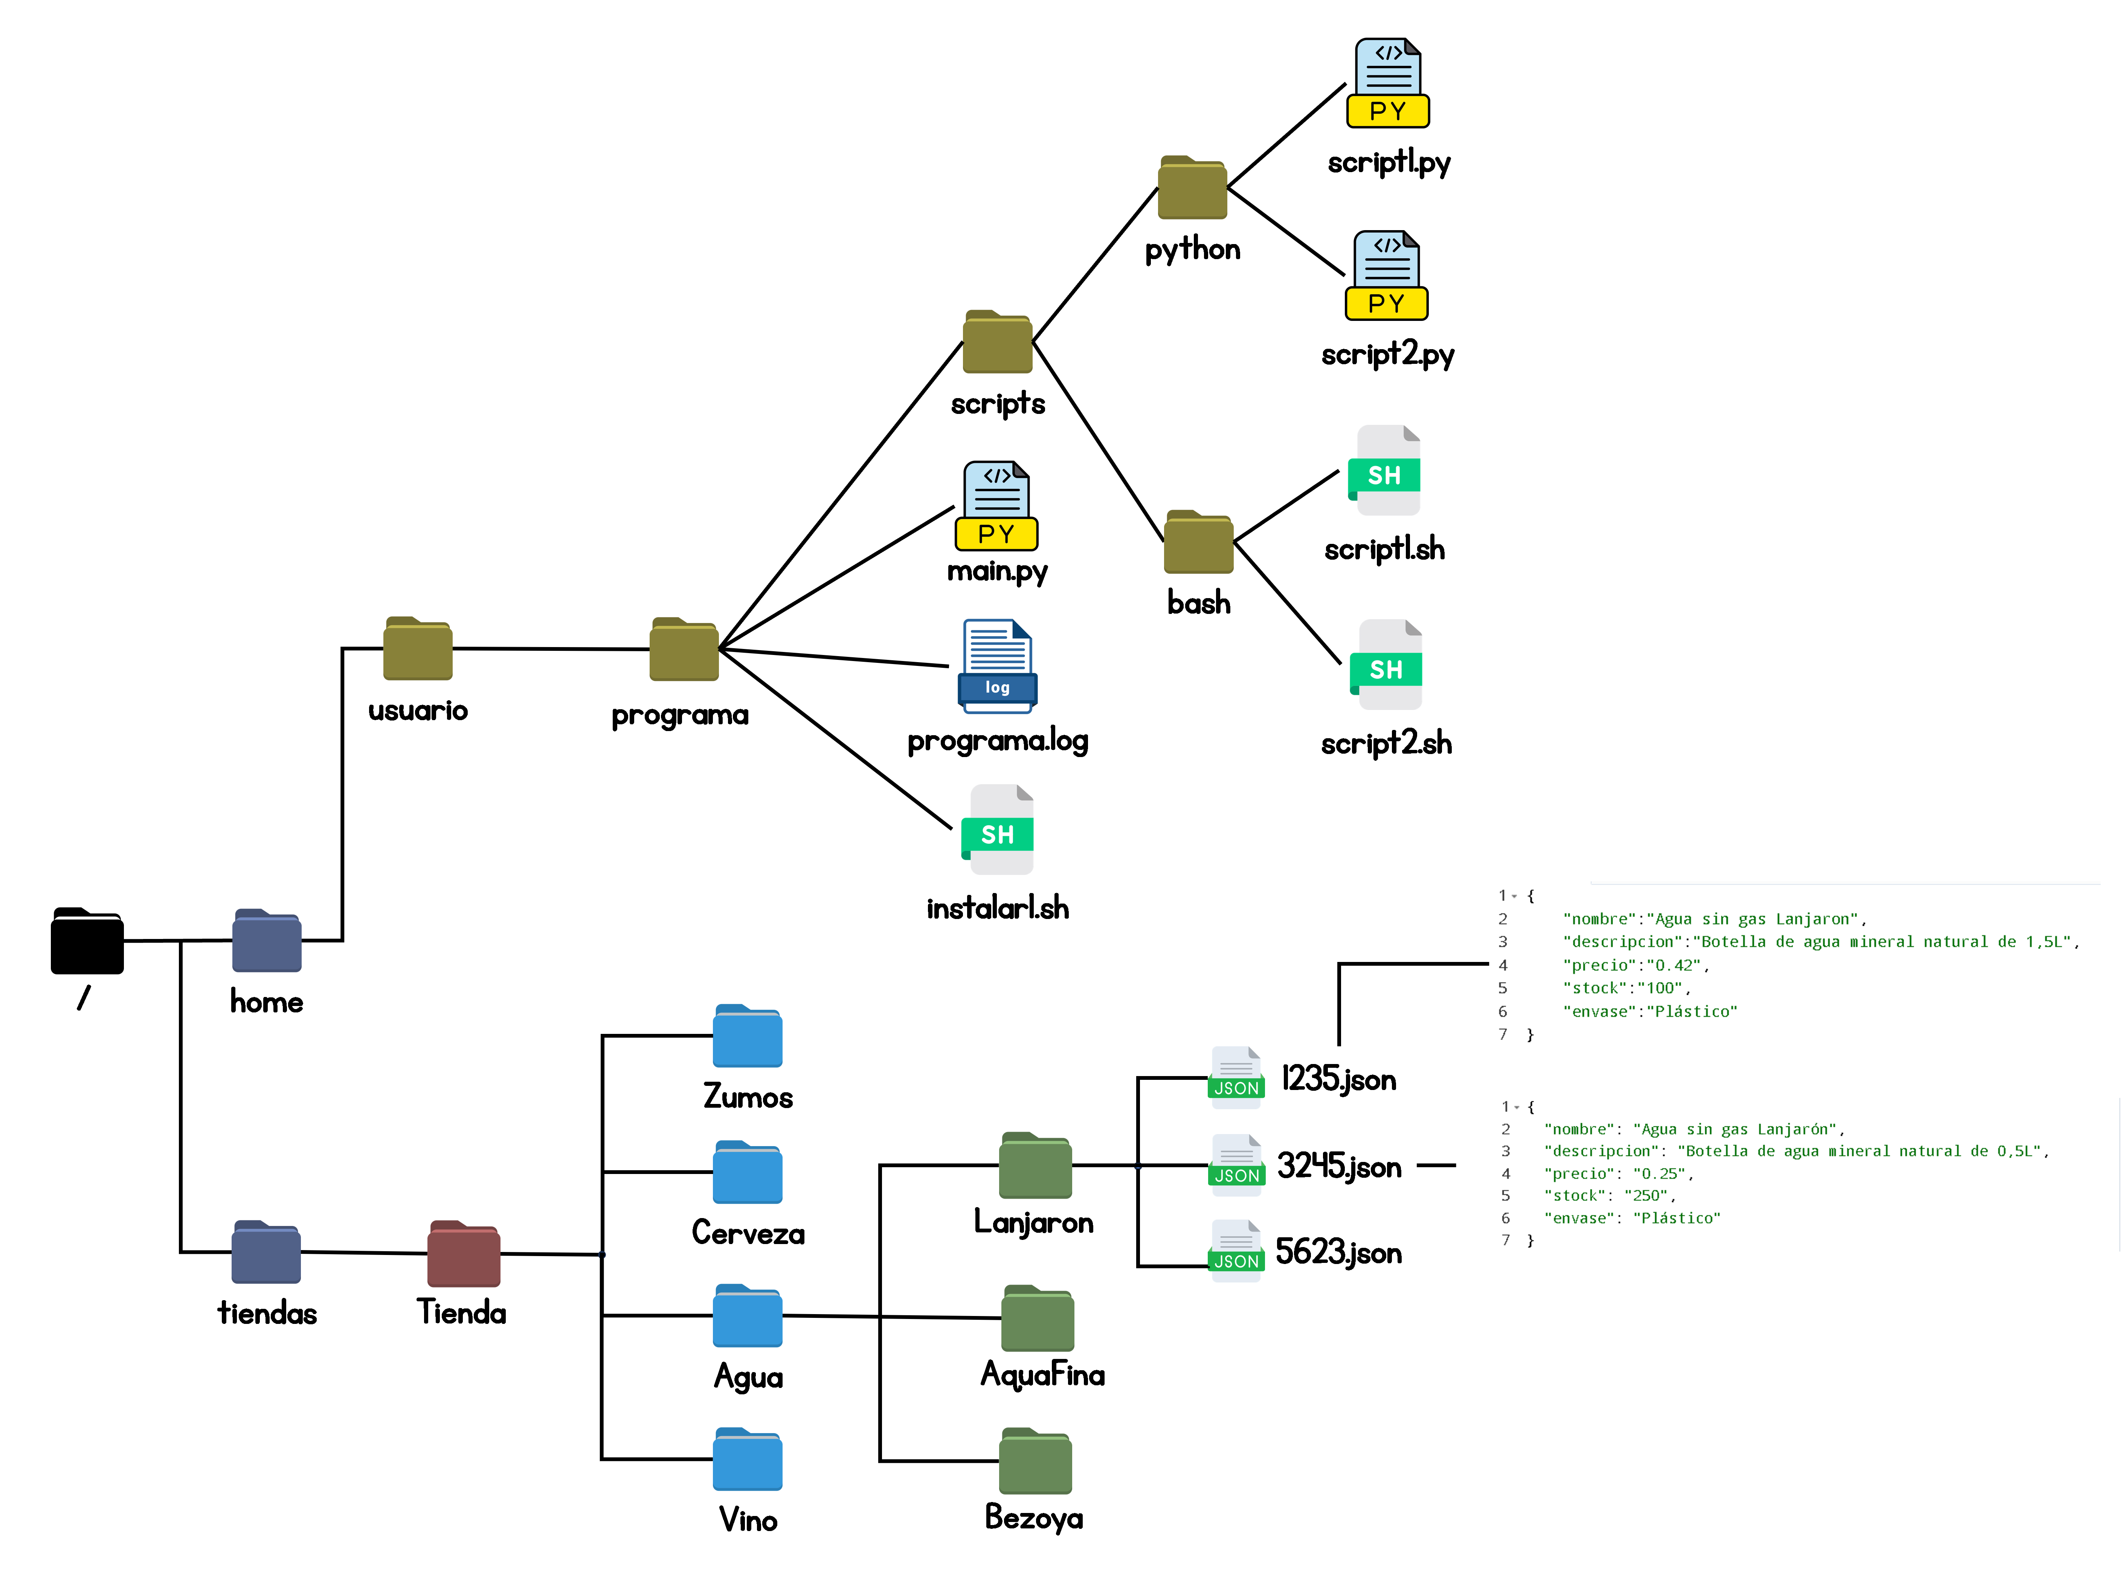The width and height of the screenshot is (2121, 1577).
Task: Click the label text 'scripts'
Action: pos(998,404)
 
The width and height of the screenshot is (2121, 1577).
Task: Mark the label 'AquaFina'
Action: pos(1042,1375)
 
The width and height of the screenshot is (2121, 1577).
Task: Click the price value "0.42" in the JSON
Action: pos(1673,965)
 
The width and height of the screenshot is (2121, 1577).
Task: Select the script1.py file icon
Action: pos(1388,84)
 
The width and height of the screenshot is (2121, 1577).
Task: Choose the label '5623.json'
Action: pos(1338,1252)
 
